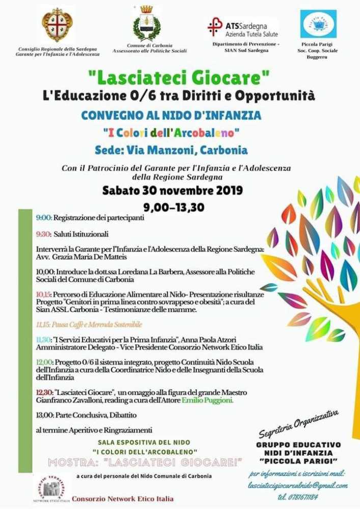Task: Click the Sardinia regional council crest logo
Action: [57, 25]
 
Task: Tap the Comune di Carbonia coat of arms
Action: [147, 24]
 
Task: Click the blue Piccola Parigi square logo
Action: [318, 24]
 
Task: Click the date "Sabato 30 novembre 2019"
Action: [172, 191]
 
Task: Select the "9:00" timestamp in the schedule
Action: [44, 218]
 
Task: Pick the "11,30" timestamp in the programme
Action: [44, 340]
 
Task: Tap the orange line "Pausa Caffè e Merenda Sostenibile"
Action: [89, 324]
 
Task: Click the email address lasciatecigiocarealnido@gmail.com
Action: [298, 486]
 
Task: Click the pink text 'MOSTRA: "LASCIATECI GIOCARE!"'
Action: [145, 462]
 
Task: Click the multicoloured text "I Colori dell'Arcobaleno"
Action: [171, 133]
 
